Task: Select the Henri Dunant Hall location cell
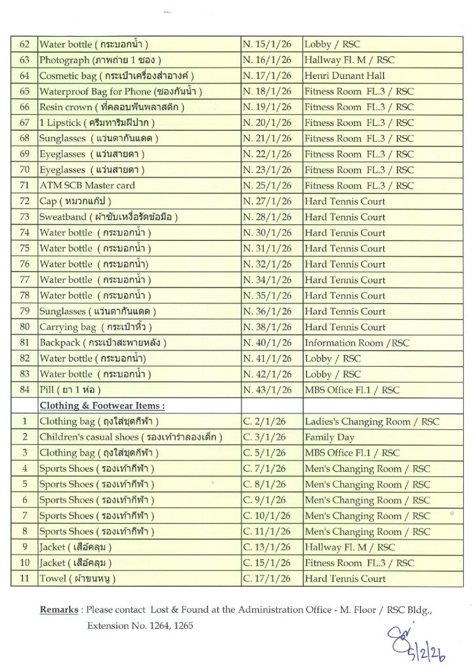(x=344, y=76)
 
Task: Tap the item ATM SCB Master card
(x=87, y=186)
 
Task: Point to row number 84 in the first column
(x=25, y=390)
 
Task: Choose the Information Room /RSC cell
(x=357, y=343)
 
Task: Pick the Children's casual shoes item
(x=131, y=437)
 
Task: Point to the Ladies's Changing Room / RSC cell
(x=371, y=421)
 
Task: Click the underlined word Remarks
(x=60, y=610)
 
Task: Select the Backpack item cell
(x=103, y=343)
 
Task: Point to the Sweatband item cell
(x=109, y=217)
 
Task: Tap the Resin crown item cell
(x=112, y=107)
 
